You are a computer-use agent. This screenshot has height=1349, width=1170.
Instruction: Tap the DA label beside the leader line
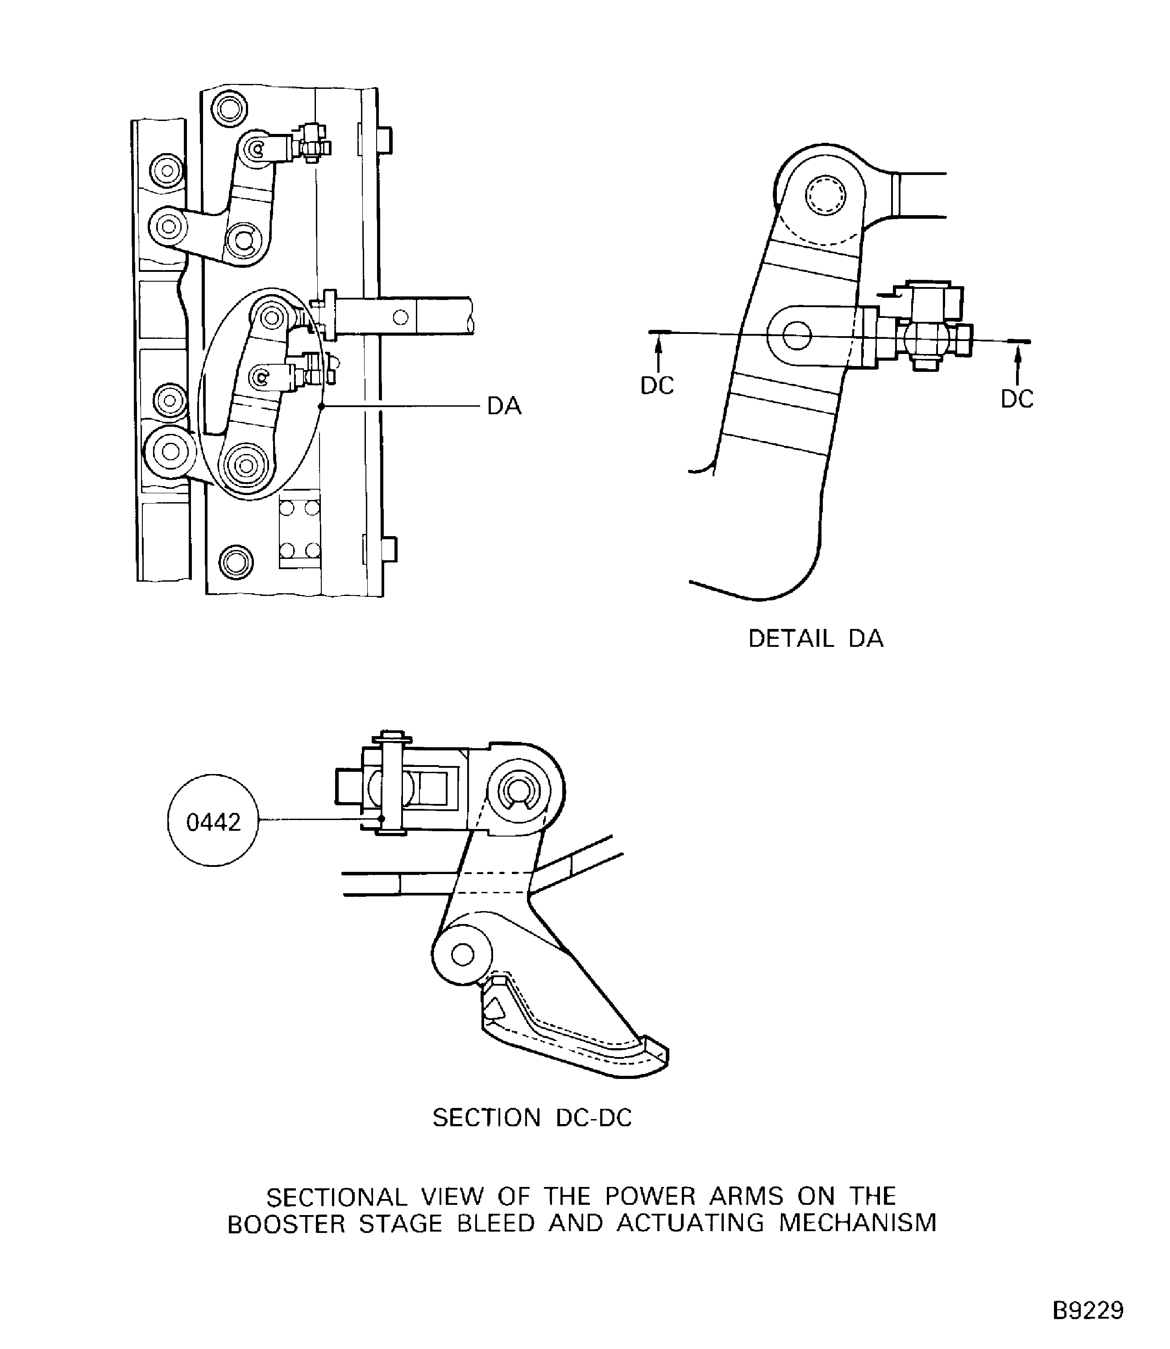[504, 406]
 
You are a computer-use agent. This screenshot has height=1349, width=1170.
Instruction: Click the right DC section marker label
[1016, 399]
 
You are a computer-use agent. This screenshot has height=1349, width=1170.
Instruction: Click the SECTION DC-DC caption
[532, 1118]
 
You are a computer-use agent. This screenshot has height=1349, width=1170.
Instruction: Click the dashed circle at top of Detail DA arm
[825, 195]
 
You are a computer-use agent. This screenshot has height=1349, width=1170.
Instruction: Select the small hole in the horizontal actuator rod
[401, 317]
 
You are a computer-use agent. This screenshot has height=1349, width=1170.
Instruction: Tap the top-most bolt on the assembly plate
[229, 108]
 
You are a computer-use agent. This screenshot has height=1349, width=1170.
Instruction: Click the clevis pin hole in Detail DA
[797, 336]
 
